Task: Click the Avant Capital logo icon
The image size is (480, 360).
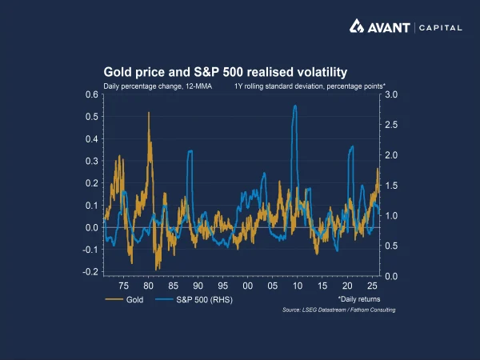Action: (x=360, y=27)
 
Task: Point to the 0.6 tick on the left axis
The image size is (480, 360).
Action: (x=92, y=94)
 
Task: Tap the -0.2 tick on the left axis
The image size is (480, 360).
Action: (x=91, y=272)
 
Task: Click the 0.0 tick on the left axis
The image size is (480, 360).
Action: (x=92, y=228)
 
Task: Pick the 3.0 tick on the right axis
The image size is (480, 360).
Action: (x=393, y=94)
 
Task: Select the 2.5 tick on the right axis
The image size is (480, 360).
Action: (x=393, y=125)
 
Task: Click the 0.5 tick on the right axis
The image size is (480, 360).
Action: (x=393, y=246)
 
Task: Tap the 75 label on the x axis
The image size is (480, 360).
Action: (x=124, y=286)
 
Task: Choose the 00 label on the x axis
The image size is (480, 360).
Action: (x=247, y=286)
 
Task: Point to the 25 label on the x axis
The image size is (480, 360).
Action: (x=372, y=286)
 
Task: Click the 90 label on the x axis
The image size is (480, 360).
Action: (x=198, y=286)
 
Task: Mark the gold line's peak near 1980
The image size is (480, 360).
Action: (x=149, y=114)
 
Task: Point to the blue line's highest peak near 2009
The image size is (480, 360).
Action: (x=296, y=106)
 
